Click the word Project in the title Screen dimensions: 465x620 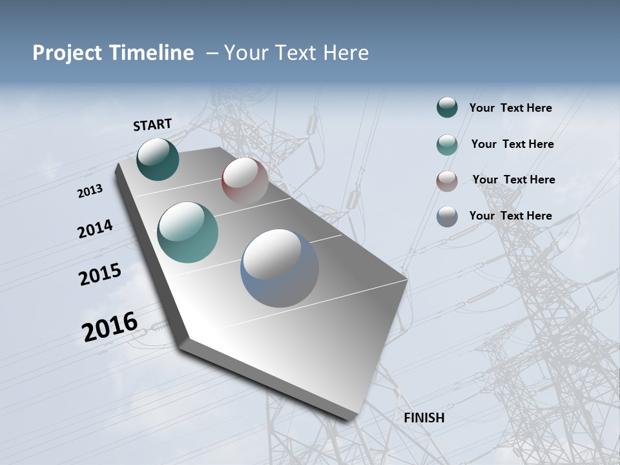click(x=66, y=53)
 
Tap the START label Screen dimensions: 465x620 click(x=152, y=125)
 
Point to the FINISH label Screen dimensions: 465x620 click(x=424, y=418)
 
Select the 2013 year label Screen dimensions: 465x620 click(x=90, y=191)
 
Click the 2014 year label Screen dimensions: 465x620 click(x=95, y=229)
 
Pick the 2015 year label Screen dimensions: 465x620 click(x=100, y=274)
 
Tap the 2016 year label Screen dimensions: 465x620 click(x=110, y=327)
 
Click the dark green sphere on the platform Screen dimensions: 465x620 click(x=158, y=159)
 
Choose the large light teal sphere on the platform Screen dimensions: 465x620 click(x=188, y=232)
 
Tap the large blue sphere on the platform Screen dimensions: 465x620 click(x=280, y=268)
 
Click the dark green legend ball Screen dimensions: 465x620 click(x=447, y=108)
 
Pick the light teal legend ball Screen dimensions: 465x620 click(x=447, y=145)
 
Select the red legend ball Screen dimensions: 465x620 click(x=447, y=181)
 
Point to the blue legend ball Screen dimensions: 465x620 click(x=447, y=216)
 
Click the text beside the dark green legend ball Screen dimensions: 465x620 click(x=510, y=108)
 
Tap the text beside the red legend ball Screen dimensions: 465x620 click(x=513, y=180)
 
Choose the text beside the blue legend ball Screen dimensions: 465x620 click(x=510, y=216)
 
